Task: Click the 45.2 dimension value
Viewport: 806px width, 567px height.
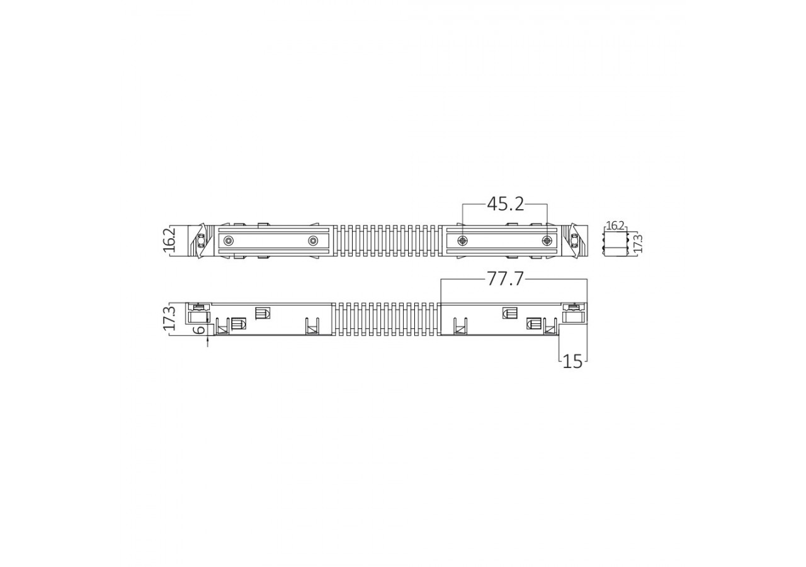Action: coord(506,203)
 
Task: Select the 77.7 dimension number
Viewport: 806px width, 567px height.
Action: coord(505,279)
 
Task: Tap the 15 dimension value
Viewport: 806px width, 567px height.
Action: coord(572,361)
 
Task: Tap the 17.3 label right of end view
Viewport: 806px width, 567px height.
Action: coord(637,243)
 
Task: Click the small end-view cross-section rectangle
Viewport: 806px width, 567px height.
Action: coord(615,243)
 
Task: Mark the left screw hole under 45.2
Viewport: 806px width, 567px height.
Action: coord(463,241)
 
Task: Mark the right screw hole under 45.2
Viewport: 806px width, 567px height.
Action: coord(547,241)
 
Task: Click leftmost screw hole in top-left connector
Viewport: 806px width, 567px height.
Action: coord(229,241)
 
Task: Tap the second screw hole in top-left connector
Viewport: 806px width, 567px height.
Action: coord(313,241)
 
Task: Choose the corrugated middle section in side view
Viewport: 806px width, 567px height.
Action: coord(386,319)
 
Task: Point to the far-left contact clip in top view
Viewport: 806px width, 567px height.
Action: coord(201,241)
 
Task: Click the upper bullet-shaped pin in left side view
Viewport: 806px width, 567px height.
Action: coord(263,312)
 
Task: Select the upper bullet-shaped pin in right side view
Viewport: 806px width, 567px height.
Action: coord(510,312)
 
